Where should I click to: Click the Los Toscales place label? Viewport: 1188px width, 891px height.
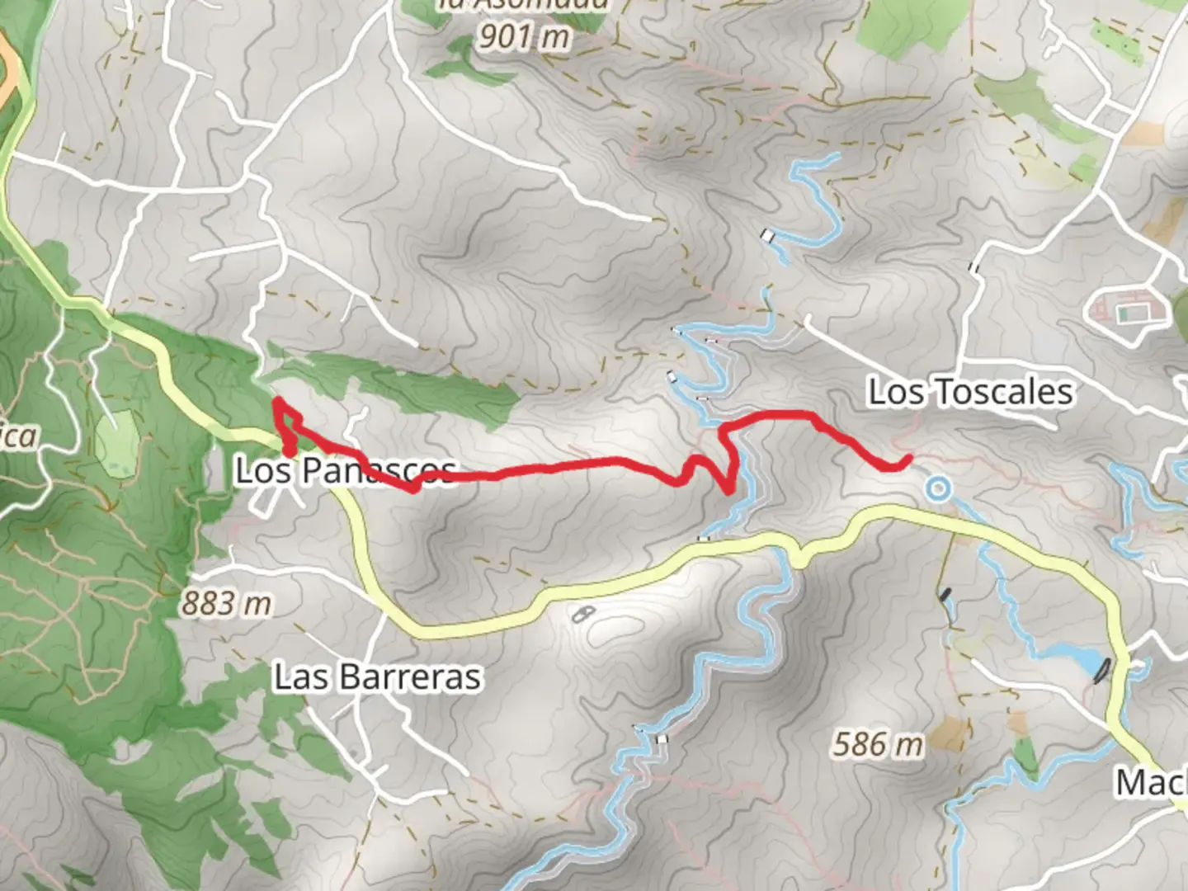[x=970, y=393]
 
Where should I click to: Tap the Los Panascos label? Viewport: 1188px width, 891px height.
[x=345, y=471]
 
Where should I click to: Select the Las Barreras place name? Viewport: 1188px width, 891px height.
[x=377, y=677]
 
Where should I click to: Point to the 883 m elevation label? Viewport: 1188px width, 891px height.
[x=226, y=605]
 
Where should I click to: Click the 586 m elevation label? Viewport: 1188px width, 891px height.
[x=877, y=745]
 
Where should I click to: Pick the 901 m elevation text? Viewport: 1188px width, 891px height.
[x=524, y=36]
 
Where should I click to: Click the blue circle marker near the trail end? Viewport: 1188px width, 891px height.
[x=937, y=489]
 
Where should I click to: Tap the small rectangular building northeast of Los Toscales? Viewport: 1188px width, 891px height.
[x=1127, y=313]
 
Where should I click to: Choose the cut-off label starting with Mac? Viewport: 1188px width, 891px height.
[x=1151, y=781]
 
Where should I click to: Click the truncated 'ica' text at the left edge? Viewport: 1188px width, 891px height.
[x=18, y=436]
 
